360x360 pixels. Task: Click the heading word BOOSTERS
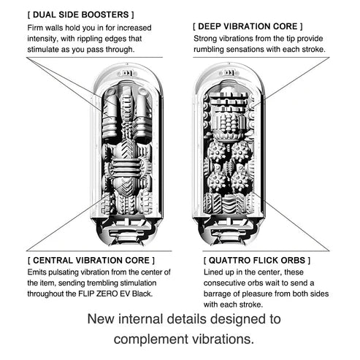(105, 15)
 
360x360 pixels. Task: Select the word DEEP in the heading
(210, 26)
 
